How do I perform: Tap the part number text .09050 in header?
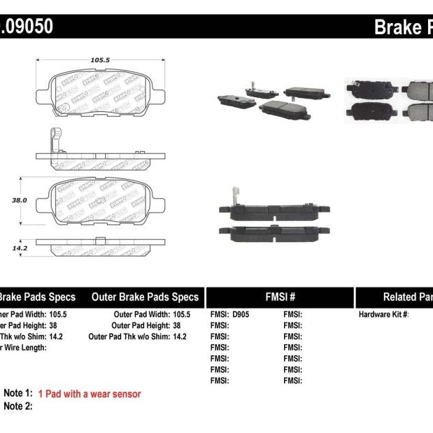[26, 27]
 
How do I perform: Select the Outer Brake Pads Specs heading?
[145, 297]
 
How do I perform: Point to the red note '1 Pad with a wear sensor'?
[90, 394]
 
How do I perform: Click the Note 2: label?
[18, 406]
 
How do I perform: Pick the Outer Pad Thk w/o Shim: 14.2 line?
[138, 336]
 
